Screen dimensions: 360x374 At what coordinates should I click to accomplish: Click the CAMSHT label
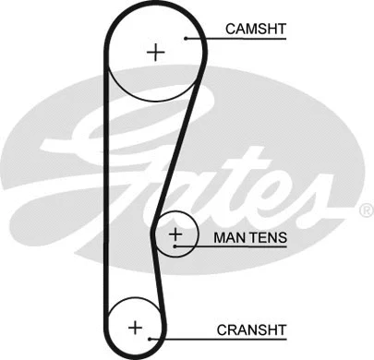(256, 30)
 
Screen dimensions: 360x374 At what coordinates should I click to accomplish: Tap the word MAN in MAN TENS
(229, 237)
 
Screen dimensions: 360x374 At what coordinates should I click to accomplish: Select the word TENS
(268, 237)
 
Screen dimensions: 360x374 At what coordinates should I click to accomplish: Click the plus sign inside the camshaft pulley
(155, 53)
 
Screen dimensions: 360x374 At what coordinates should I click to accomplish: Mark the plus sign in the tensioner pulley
(175, 236)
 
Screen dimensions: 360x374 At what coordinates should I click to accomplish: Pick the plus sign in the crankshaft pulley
(136, 326)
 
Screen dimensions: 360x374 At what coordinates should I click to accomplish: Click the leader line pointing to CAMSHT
(207, 38)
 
